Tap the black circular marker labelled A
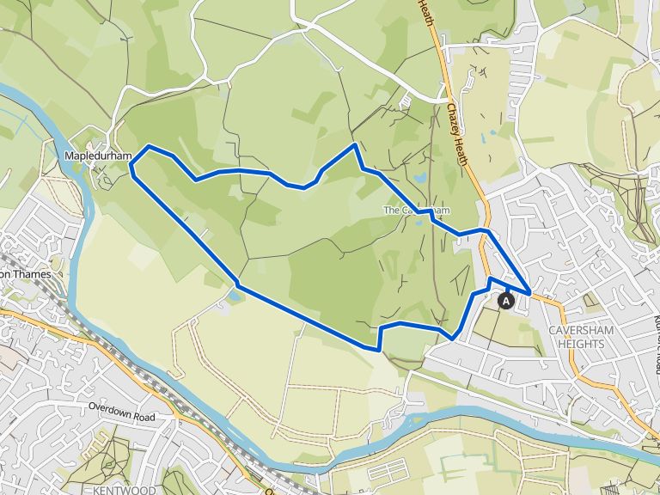point(506,300)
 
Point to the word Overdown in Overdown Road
point(113,405)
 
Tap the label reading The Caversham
point(416,211)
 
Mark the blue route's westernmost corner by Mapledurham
point(131,171)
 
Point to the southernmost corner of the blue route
point(378,349)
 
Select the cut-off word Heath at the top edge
point(425,13)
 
